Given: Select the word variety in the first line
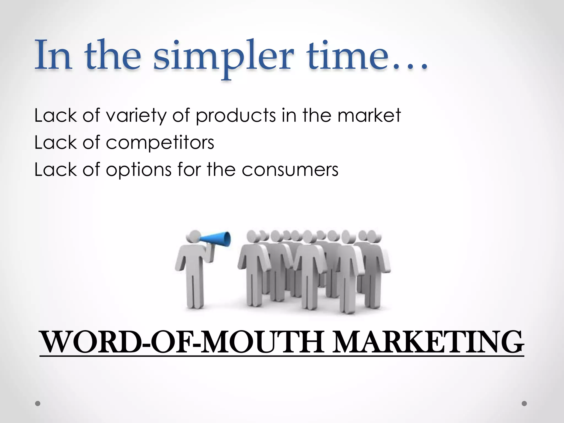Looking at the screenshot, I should pyautogui.click(x=136, y=116).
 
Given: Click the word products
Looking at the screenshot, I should pyautogui.click(x=236, y=116).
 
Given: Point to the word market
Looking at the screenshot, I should pyautogui.click(x=369, y=116).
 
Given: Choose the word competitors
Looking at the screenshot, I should pyautogui.click(x=160, y=143).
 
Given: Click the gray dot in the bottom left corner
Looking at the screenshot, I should pyautogui.click(x=38, y=403).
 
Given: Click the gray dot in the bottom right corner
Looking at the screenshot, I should pyautogui.click(x=524, y=403).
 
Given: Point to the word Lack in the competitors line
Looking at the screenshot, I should pyautogui.click(x=55, y=143).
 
